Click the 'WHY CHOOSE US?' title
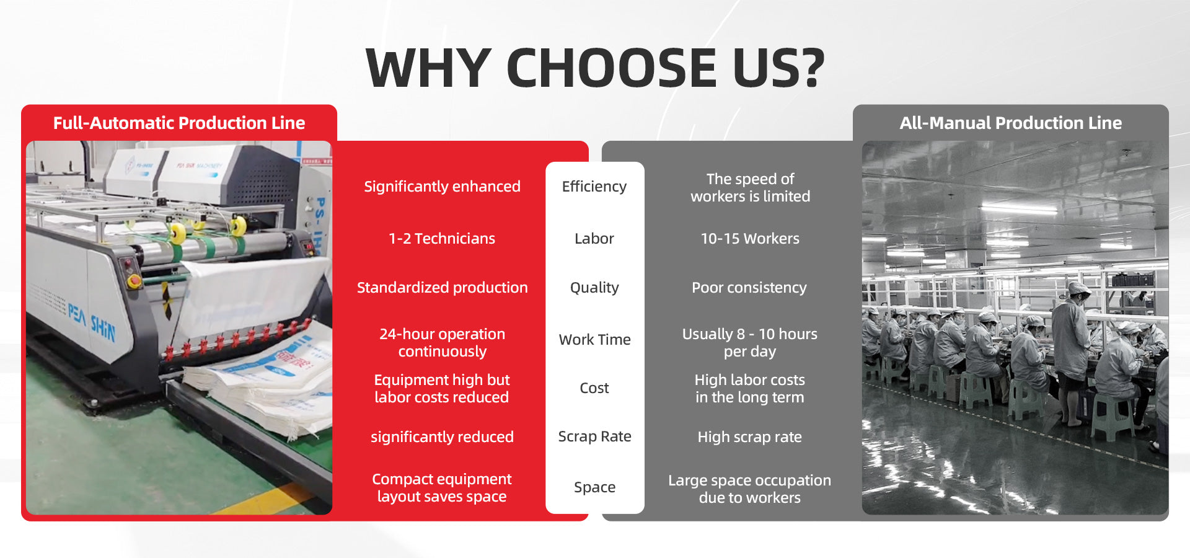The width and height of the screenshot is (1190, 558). pyautogui.click(x=595, y=68)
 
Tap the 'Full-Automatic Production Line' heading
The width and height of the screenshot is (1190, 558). pyautogui.click(x=179, y=123)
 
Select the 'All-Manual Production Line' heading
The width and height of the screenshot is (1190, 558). pyautogui.click(x=1011, y=123)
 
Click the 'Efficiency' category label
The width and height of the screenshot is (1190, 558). pyautogui.click(x=594, y=187)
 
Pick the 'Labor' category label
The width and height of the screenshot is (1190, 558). pyautogui.click(x=594, y=239)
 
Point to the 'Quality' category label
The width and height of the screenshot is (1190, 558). pyautogui.click(x=594, y=288)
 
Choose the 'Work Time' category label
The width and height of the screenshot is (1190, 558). pyautogui.click(x=595, y=340)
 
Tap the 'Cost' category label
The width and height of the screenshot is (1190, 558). pyautogui.click(x=594, y=388)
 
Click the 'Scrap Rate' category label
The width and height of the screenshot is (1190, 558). pyautogui.click(x=595, y=436)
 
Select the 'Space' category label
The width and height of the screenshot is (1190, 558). pyautogui.click(x=595, y=487)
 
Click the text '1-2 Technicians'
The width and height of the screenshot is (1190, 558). pyautogui.click(x=442, y=239)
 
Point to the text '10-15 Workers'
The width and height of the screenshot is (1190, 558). pyautogui.click(x=750, y=239)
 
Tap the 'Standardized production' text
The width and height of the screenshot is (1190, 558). pyautogui.click(x=443, y=288)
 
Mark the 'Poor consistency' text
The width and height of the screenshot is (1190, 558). pyautogui.click(x=749, y=288)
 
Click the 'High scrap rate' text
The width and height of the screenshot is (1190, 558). pyautogui.click(x=750, y=437)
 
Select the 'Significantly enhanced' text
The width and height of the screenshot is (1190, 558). pyautogui.click(x=443, y=187)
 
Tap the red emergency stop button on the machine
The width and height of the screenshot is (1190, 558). pyautogui.click(x=133, y=280)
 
